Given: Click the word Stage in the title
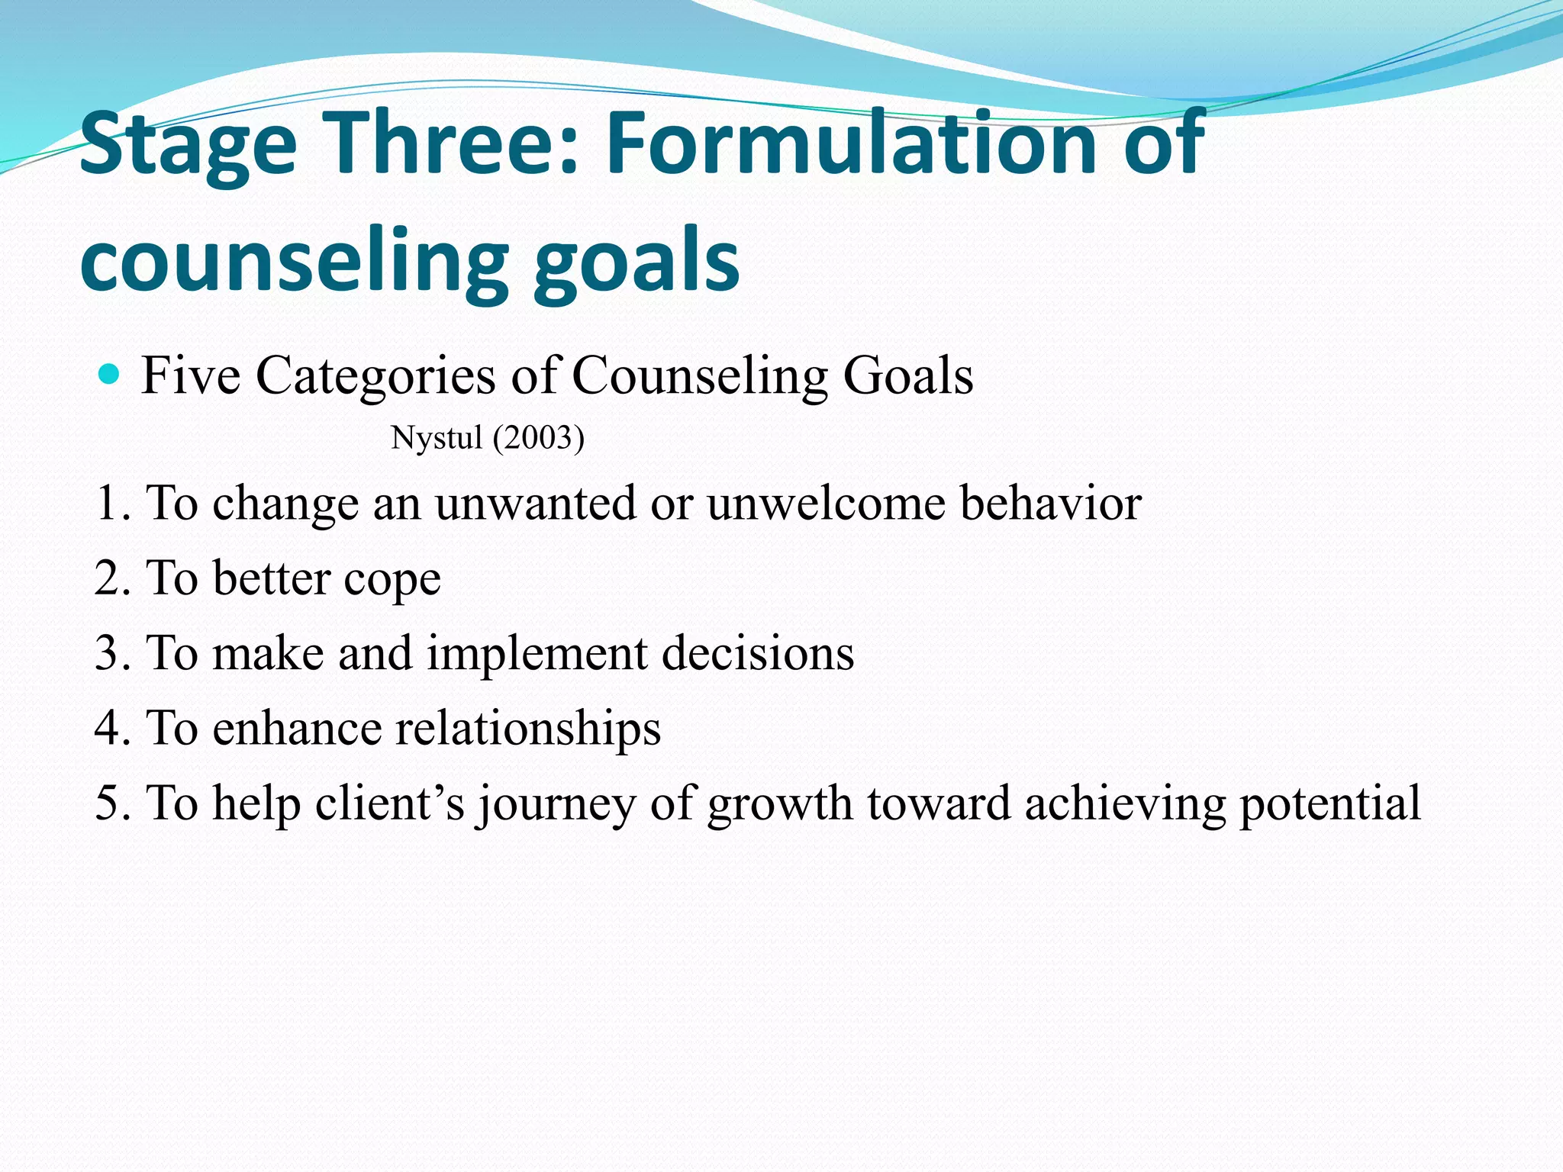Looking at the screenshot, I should (188, 145).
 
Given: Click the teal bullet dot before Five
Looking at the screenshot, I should (110, 375).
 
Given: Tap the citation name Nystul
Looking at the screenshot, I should (437, 438).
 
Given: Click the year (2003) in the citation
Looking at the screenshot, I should (539, 438).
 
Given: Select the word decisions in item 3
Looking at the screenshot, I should (758, 653).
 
